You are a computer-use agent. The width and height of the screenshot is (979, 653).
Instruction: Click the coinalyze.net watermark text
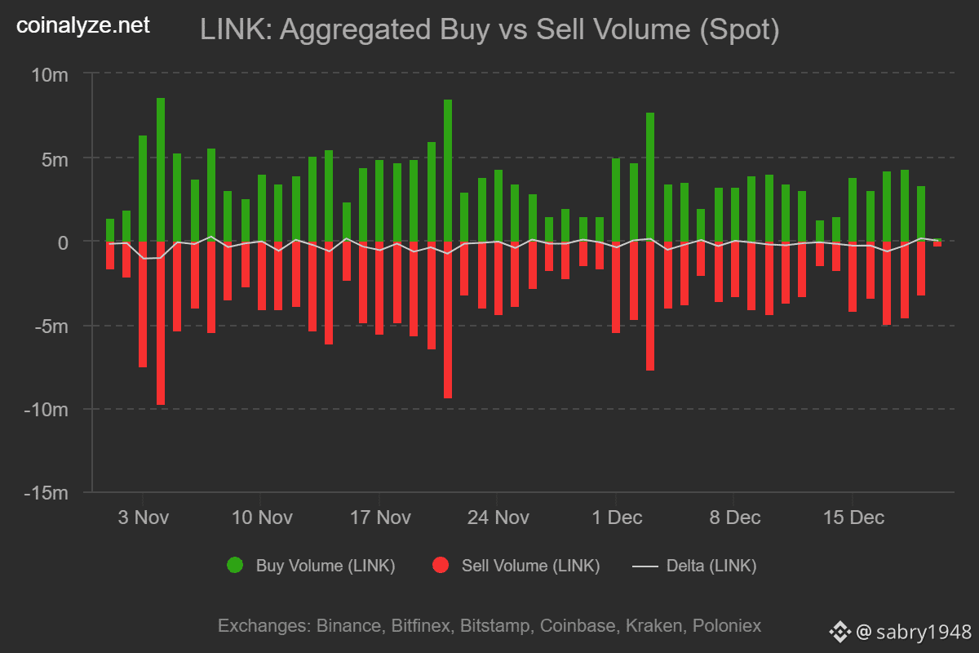click(x=83, y=26)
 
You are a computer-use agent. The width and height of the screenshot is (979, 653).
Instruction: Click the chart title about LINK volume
click(x=489, y=30)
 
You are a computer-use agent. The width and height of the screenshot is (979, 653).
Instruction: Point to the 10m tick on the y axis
click(x=50, y=75)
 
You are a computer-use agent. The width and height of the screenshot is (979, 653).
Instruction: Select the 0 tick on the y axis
click(x=62, y=242)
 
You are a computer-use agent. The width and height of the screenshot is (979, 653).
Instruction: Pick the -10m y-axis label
click(x=46, y=410)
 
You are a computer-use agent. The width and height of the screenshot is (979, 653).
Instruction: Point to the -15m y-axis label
click(x=46, y=494)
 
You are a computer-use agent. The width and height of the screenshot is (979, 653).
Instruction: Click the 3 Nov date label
click(x=143, y=518)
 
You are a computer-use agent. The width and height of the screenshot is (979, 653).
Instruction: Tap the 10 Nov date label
click(x=261, y=518)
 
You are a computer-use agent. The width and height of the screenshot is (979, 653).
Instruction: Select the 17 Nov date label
click(x=379, y=518)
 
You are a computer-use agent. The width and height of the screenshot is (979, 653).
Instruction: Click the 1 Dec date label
click(x=617, y=518)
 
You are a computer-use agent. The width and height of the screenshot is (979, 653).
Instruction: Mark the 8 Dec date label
click(x=734, y=518)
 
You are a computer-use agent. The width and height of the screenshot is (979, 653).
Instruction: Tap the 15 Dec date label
click(x=853, y=518)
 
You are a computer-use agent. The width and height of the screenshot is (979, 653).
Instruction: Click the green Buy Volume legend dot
click(x=235, y=565)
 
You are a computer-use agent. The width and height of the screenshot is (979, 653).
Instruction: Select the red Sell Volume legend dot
click(x=441, y=565)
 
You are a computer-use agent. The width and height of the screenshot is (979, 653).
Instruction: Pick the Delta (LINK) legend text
click(x=711, y=566)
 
